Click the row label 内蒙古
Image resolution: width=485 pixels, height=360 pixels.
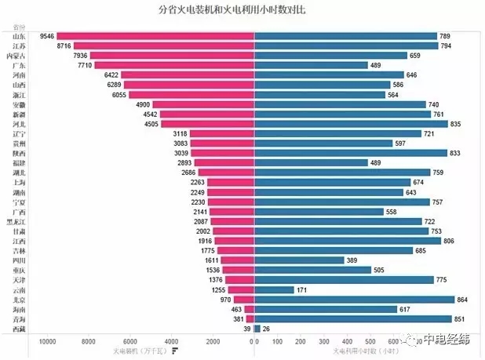[16, 56]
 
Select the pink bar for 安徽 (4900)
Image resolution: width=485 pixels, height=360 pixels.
[203, 104]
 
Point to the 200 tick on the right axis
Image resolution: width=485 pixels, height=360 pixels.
[302, 340]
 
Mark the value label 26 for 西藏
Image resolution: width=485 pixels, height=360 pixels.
[267, 329]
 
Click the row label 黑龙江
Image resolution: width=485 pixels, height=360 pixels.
[16, 221]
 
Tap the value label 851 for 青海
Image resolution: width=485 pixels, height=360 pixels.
[463, 318]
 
